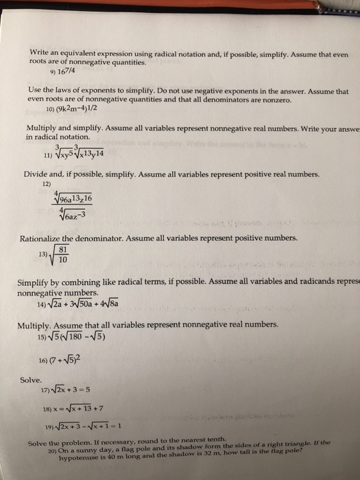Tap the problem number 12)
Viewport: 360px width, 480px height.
pos(46,184)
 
